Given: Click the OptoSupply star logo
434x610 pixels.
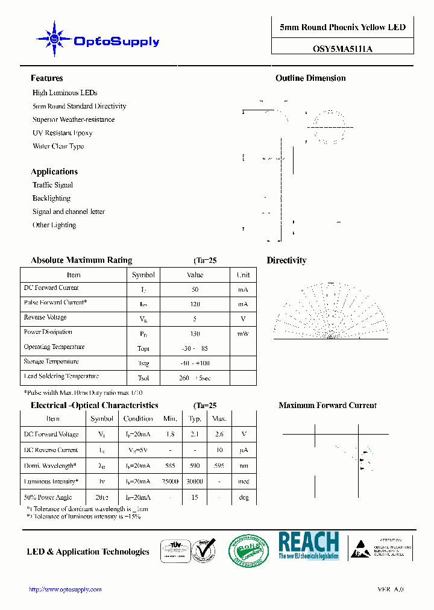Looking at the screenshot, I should tap(55, 39).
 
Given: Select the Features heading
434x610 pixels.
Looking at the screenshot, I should tap(47, 78).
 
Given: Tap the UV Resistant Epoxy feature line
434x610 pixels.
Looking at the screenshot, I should tap(63, 133).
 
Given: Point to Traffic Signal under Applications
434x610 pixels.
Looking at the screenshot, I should tap(52, 185).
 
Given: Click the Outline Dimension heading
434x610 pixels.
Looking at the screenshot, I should tap(310, 78).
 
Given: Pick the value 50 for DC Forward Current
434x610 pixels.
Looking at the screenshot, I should tap(195, 289).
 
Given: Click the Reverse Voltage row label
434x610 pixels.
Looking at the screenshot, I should tap(45, 318).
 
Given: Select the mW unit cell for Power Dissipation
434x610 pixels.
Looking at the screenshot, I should tap(243, 333).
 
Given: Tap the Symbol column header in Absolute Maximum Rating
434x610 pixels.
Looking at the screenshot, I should tap(143, 275).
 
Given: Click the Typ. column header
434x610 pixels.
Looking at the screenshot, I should tap(195, 419).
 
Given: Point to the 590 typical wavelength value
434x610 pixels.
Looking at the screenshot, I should tap(195, 466).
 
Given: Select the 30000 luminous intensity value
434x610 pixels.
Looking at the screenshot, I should tap(195, 482).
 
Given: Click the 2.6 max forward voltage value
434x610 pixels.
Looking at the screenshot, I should tap(219, 435).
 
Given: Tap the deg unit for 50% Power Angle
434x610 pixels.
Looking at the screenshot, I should tap(244, 498).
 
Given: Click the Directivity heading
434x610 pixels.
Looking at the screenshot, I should tap(286, 260).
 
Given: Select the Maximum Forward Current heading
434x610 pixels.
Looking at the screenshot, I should tap(327, 406).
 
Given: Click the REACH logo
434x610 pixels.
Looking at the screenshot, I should tap(309, 546).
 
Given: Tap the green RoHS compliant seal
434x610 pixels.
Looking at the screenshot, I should tap(248, 550).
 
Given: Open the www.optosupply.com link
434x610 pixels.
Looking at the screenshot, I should tap(66, 590).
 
